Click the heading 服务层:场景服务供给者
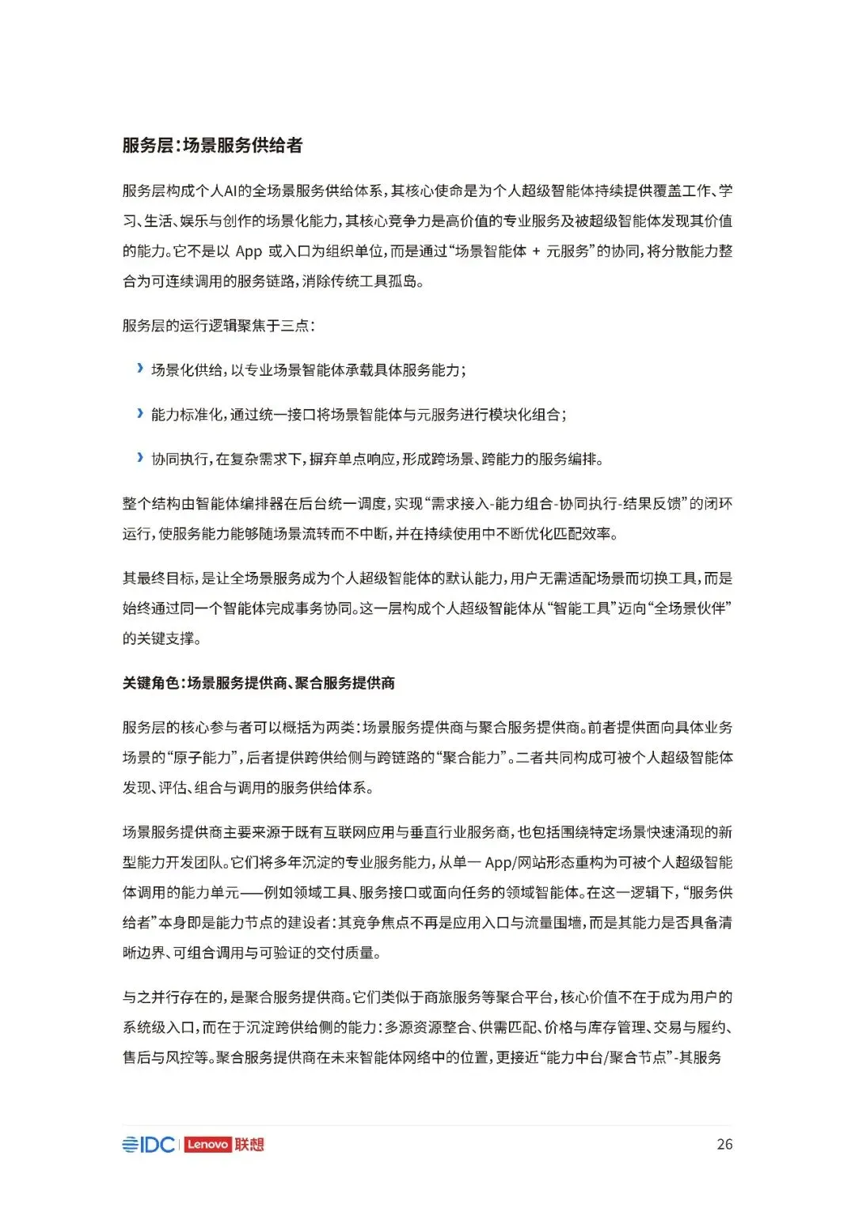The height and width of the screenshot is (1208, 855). [212, 146]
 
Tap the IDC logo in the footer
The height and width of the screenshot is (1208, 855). [149, 1145]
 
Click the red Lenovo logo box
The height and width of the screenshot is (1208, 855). [207, 1145]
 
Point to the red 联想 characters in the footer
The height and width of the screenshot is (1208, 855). [249, 1145]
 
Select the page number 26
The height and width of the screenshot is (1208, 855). [724, 1145]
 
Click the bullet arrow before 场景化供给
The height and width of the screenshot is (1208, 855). [140, 369]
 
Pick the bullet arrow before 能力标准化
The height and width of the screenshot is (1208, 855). [140, 413]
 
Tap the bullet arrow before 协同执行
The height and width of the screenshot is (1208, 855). [140, 457]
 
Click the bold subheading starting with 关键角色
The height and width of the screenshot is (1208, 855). [258, 683]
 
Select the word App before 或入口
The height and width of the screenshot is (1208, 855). [249, 252]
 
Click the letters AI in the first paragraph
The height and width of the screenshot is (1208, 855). [231, 191]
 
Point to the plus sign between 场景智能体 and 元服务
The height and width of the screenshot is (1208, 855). [536, 252]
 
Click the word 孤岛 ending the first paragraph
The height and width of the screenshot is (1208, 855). [401, 282]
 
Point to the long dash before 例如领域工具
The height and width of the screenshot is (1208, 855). [251, 892]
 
